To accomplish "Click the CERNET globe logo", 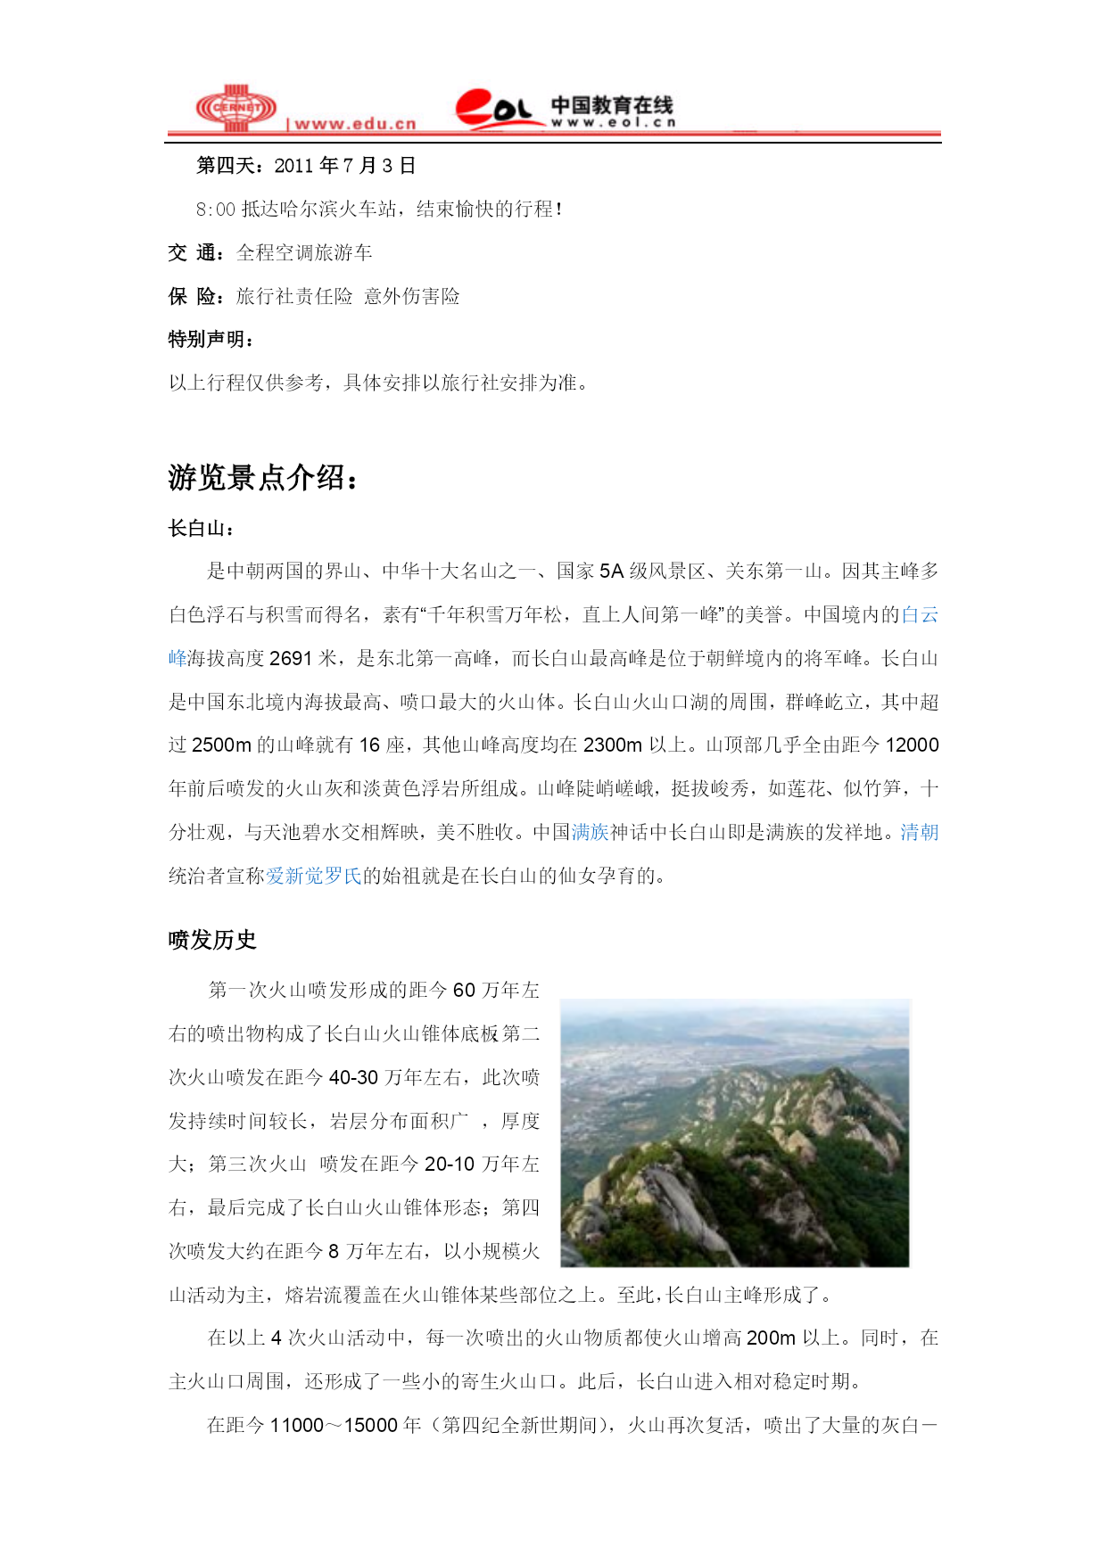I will (235, 108).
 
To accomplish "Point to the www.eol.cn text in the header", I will (613, 122).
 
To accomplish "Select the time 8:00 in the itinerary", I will (216, 210).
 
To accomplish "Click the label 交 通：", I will (196, 253).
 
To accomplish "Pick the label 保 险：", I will (196, 297).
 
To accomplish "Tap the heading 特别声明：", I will (211, 340).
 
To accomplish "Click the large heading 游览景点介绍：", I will (264, 478).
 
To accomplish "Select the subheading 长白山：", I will (202, 529).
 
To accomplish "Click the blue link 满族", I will (590, 833).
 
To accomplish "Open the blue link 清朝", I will (919, 833).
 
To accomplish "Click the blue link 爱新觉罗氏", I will (314, 877).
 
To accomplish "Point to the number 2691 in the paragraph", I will (291, 659).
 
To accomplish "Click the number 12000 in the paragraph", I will (912, 745).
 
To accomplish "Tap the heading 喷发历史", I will (212, 940).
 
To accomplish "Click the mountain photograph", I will (734, 1132).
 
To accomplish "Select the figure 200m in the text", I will (771, 1338).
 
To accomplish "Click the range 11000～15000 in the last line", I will (334, 1426).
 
